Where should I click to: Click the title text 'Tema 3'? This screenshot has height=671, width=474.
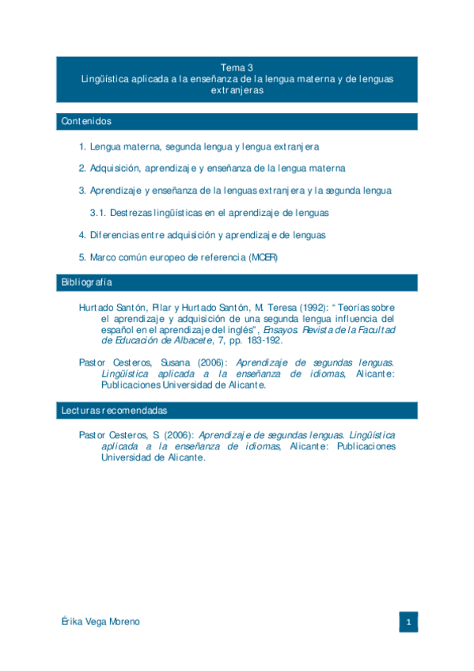[237, 68]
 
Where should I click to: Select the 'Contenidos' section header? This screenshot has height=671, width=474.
[86, 122]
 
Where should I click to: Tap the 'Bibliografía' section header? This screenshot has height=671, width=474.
[87, 282]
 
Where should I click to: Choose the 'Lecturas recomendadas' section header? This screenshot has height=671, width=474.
[114, 411]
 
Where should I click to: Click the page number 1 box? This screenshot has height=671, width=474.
[408, 622]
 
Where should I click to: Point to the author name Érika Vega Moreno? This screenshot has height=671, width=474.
[100, 622]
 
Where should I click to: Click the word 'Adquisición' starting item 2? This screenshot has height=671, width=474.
[115, 169]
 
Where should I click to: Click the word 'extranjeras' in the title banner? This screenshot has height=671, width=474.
[237, 90]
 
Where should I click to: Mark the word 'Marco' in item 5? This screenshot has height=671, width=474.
[103, 257]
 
